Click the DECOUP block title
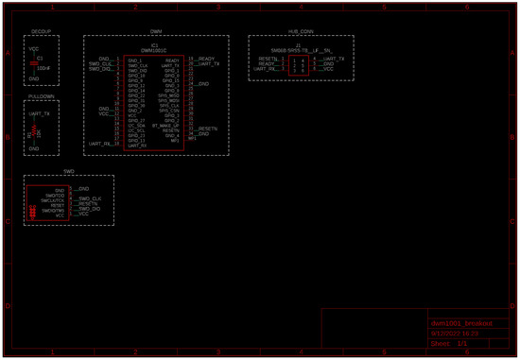[x=41, y=32]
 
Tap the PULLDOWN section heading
[x=41, y=96]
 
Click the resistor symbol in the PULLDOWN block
[x=35, y=130]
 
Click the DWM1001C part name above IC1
[x=153, y=50]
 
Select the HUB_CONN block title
[x=301, y=32]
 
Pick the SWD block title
[x=68, y=171]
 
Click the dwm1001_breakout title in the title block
[x=457, y=324]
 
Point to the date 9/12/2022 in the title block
[x=455, y=334]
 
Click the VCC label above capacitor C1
[x=35, y=47]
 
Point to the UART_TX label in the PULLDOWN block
[x=39, y=112]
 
